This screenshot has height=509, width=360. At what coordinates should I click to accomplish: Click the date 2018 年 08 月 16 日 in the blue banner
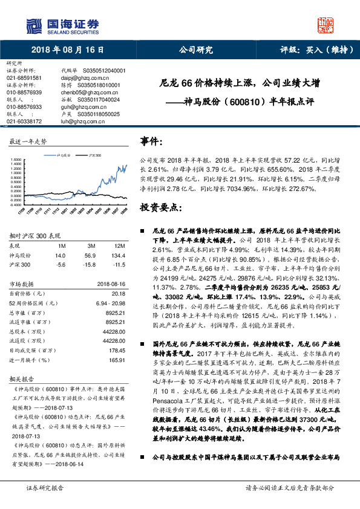64,51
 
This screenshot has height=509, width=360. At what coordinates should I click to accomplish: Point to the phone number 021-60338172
24,121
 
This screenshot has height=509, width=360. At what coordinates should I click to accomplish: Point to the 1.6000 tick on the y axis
16,161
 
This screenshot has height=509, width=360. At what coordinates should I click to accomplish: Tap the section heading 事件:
152,141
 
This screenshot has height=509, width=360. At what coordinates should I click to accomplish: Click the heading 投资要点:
160,207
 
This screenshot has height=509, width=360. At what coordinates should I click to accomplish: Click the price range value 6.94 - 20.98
110,302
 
